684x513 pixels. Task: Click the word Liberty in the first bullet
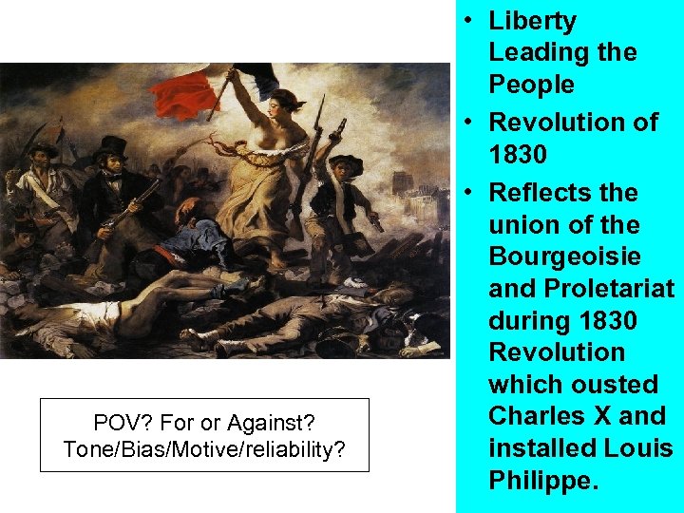point(532,21)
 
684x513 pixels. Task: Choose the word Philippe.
point(543,480)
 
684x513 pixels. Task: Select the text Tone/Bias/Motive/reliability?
point(204,449)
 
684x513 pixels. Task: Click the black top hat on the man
point(114,146)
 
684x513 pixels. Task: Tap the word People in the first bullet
point(532,85)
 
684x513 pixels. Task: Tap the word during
point(526,321)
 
